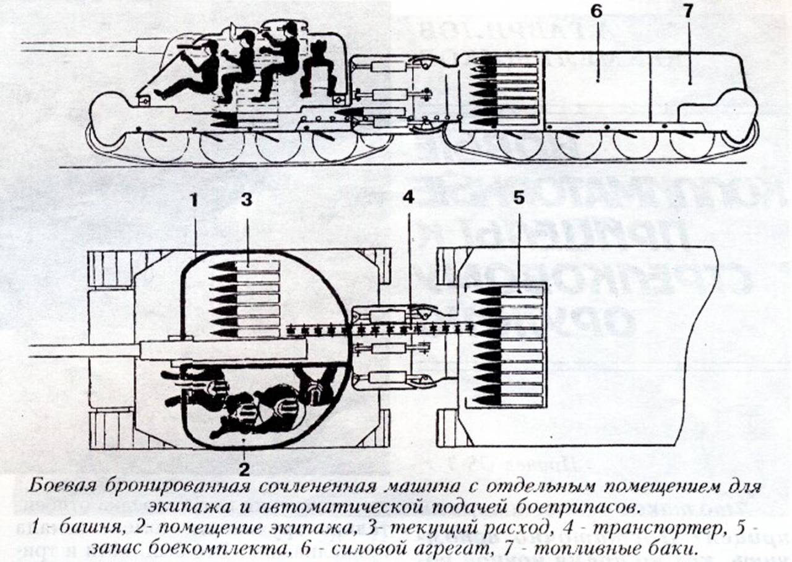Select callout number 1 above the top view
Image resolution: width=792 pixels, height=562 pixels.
tap(194, 202)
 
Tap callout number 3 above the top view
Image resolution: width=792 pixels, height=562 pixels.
tap(247, 202)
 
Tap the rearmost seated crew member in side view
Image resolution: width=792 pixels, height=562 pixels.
tap(319, 68)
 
